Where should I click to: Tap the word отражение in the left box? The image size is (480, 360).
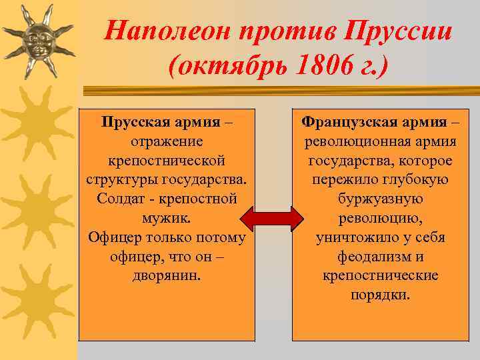[167, 141]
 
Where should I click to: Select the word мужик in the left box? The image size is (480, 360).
[165, 218]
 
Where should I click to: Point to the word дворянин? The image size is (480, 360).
[167, 276]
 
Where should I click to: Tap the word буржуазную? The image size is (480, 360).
[381, 199]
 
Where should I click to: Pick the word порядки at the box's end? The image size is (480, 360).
[381, 295]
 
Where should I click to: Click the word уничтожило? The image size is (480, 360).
[354, 237]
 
